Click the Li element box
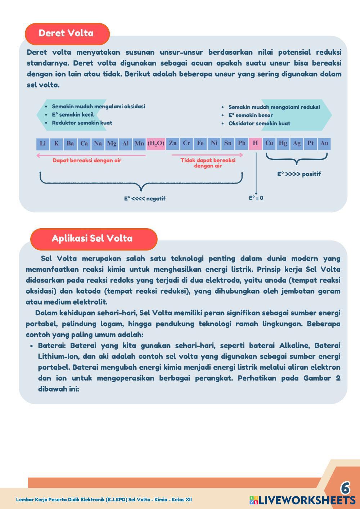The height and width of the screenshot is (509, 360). pyautogui.click(x=43, y=144)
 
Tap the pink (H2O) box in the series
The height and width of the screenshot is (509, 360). pyautogui.click(x=156, y=144)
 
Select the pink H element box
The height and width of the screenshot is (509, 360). pyautogui.click(x=255, y=143)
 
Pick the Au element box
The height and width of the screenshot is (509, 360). pyautogui.click(x=324, y=143)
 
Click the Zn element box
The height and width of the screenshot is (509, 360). pyautogui.click(x=173, y=143)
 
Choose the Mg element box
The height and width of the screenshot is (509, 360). pyautogui.click(x=112, y=144)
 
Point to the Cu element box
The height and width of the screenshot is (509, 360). pyautogui.click(x=269, y=143)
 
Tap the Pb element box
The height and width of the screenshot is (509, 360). pyautogui.click(x=242, y=143)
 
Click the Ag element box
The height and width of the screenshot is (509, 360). pyautogui.click(x=297, y=143)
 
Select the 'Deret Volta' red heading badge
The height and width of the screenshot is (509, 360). pyautogui.click(x=67, y=33)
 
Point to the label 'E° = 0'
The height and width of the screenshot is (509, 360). pyautogui.click(x=256, y=198)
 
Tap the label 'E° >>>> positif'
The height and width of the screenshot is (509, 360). pyautogui.click(x=299, y=174)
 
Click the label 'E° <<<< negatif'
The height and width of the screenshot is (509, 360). pyautogui.click(x=145, y=199)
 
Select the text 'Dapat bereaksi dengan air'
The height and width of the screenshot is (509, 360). pyautogui.click(x=87, y=161)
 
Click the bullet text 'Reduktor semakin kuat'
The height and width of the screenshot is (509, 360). pyautogui.click(x=82, y=123)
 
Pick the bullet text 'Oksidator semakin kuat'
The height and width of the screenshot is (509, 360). pyautogui.click(x=259, y=123)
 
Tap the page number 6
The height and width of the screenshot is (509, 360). pyautogui.click(x=345, y=488)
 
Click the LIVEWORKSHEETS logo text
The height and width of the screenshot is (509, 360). pyautogui.click(x=306, y=500)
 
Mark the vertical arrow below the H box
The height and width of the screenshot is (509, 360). pyautogui.click(x=256, y=173)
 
